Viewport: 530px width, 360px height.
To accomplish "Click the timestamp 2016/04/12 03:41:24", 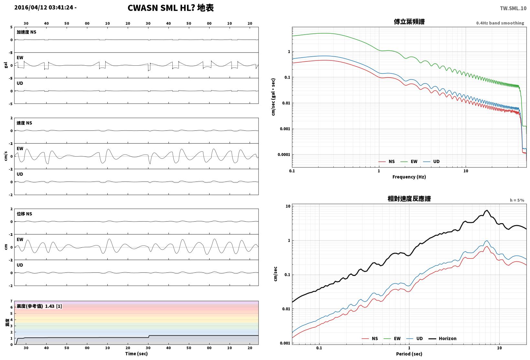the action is [44, 7].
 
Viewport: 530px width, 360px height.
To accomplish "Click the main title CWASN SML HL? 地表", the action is [171, 8].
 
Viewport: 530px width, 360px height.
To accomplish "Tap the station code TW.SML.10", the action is [513, 8].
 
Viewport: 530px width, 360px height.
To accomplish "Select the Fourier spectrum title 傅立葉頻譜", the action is [409, 22].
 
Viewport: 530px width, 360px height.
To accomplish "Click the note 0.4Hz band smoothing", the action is [500, 23].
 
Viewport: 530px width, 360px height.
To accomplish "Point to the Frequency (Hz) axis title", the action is [409, 177].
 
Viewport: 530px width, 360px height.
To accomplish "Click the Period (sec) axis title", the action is [409, 354].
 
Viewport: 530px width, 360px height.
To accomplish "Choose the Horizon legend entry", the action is [442, 338].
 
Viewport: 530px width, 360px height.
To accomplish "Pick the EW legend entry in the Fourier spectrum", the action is [409, 161].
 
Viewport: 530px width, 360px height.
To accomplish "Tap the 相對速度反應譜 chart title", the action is [409, 199].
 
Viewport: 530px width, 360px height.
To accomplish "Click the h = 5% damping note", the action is [517, 200].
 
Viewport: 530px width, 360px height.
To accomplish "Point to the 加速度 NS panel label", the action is [27, 32].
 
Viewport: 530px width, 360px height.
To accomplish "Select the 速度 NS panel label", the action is [24, 123].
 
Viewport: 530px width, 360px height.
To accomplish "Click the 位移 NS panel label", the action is [24, 214].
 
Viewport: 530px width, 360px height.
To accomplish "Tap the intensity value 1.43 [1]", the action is [53, 306].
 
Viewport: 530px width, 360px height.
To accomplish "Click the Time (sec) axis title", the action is [136, 354].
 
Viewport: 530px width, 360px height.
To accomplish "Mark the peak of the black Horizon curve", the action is [487, 210].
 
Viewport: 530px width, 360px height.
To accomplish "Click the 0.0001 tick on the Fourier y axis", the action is [284, 155].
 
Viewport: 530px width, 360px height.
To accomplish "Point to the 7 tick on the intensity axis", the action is [11, 301].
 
